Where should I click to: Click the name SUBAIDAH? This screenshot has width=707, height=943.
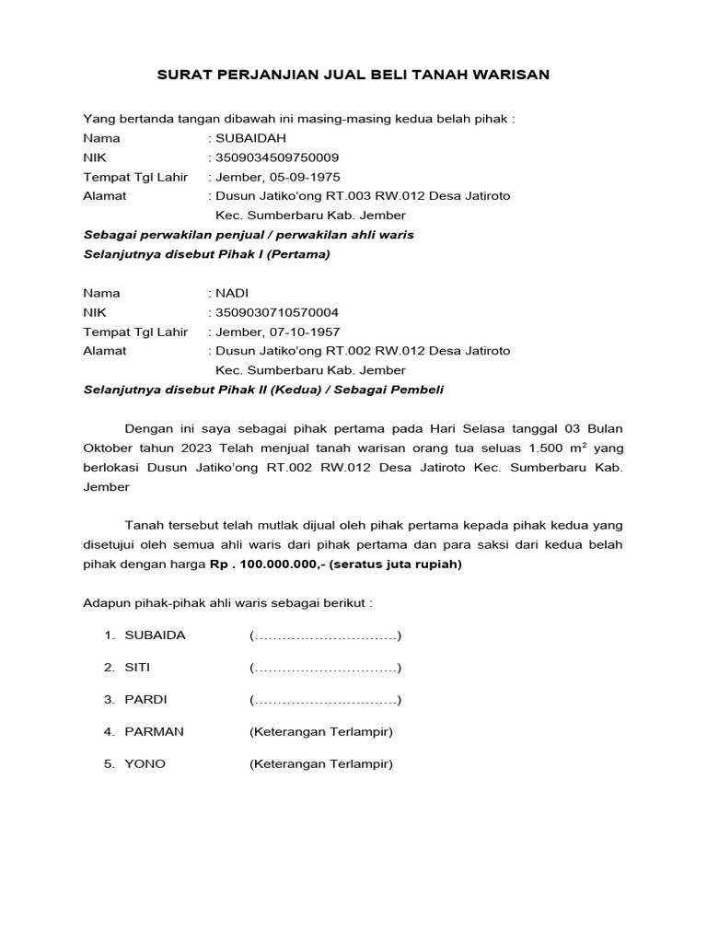pyautogui.click(x=249, y=138)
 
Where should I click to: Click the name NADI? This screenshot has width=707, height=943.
pyautogui.click(x=232, y=293)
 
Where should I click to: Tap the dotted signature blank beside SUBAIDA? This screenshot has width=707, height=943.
pyautogui.click(x=325, y=635)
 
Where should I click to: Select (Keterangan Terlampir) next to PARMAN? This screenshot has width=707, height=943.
pyautogui.click(x=321, y=732)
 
